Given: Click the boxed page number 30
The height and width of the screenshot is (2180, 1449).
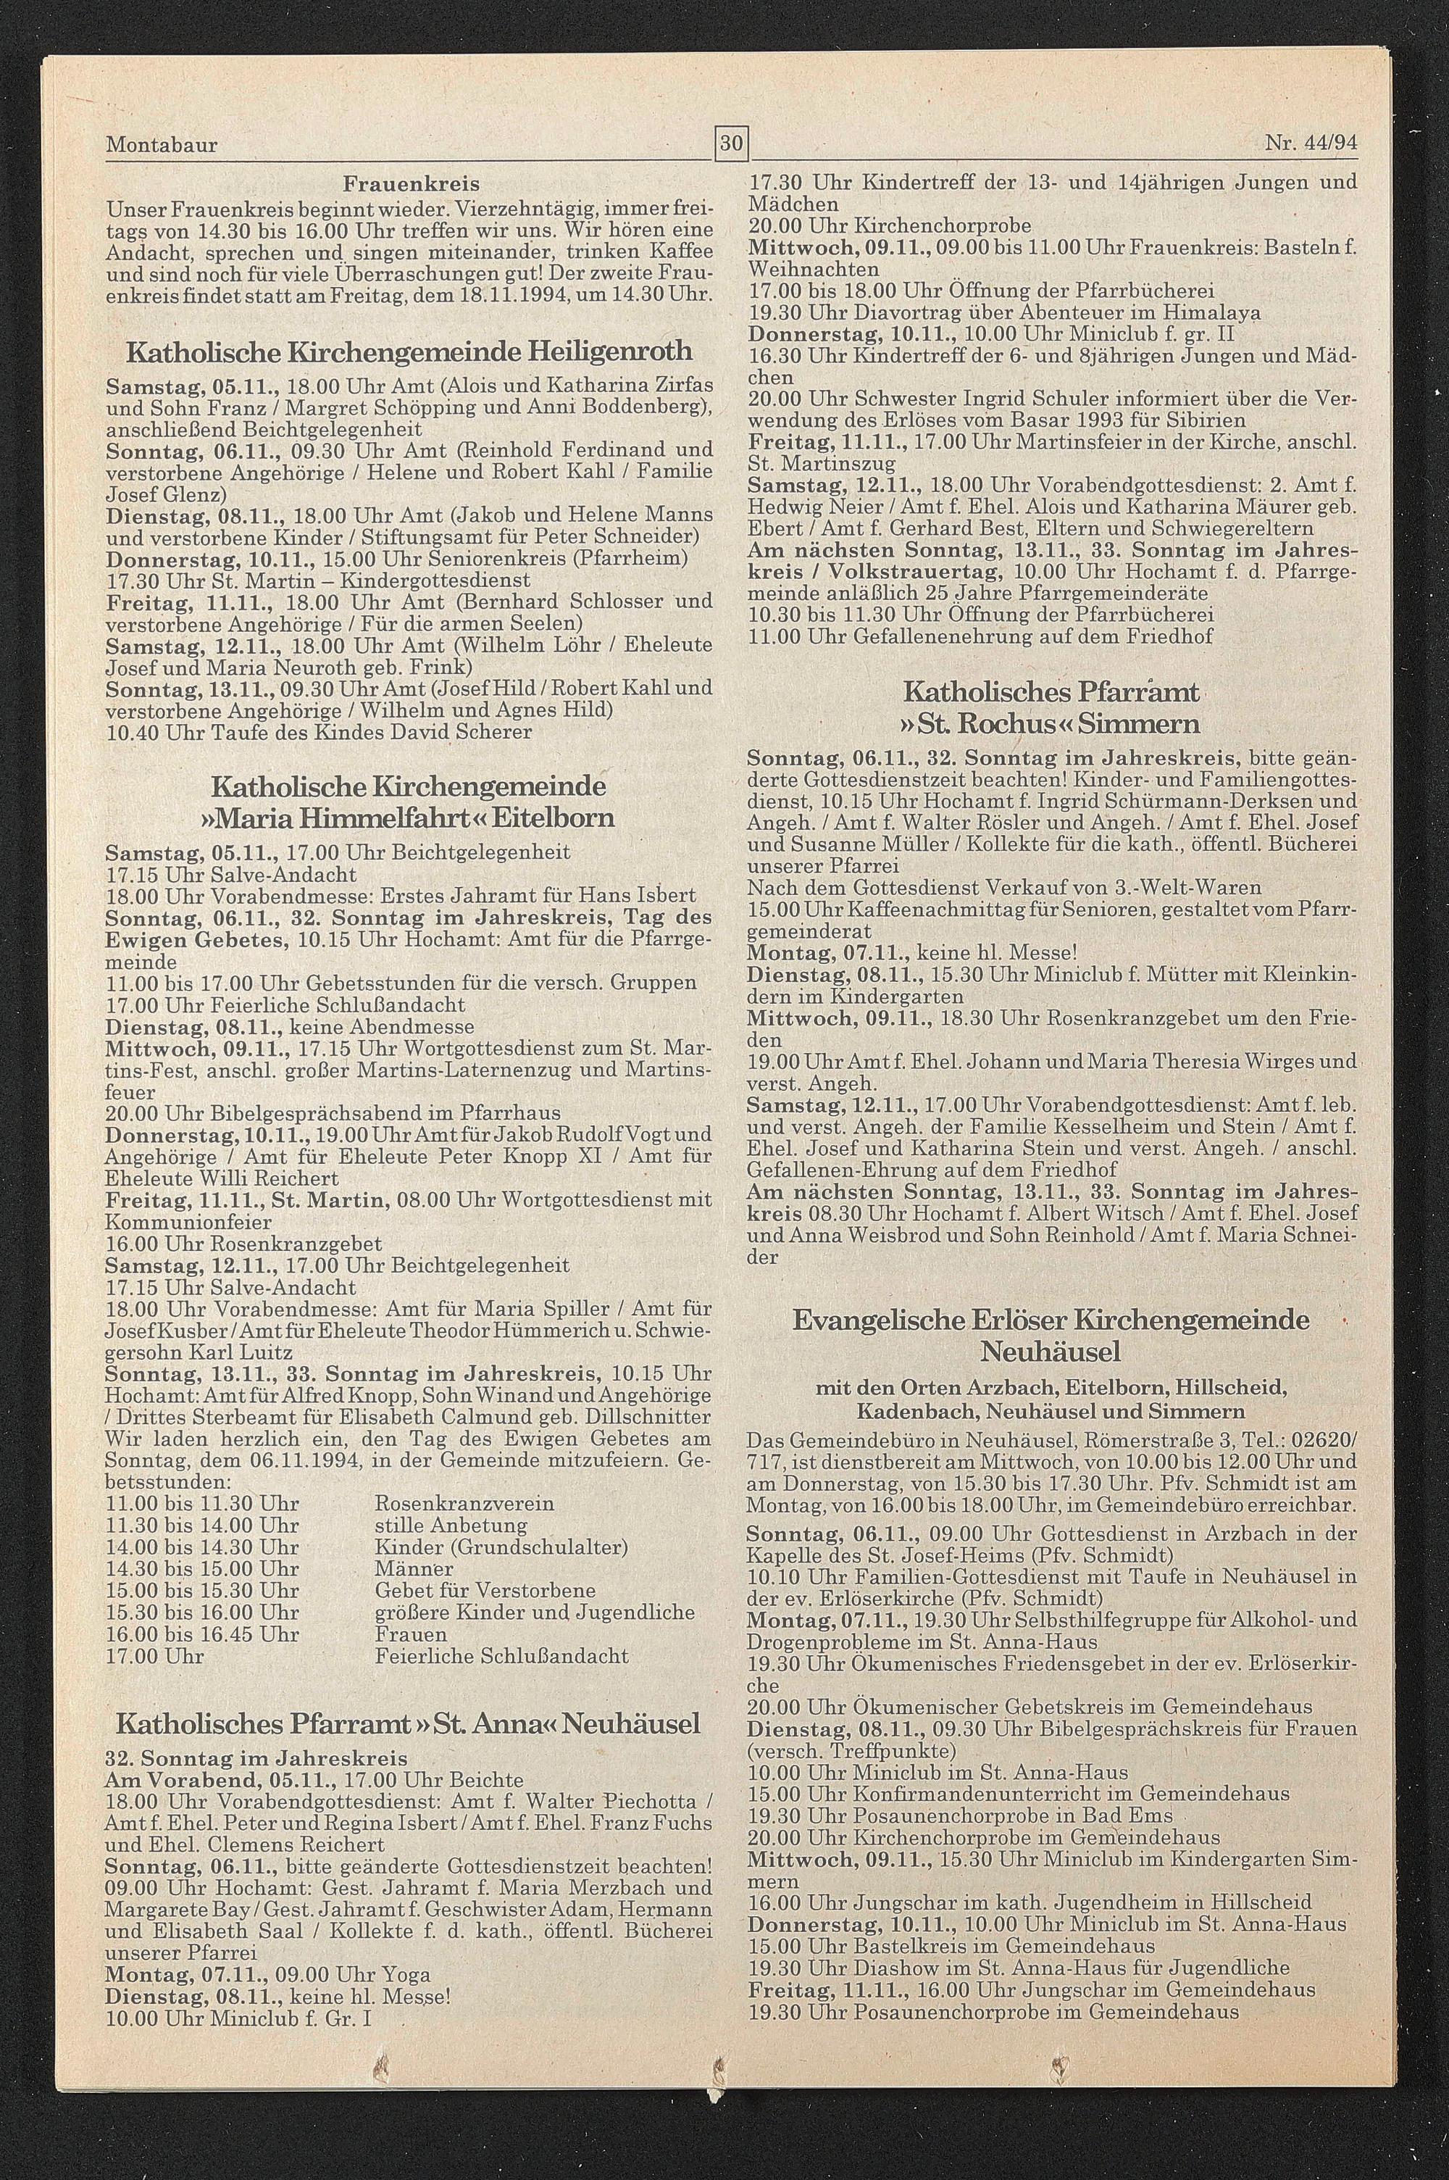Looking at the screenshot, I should (x=731, y=143).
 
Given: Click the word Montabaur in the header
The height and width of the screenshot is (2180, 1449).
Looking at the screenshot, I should (x=162, y=145).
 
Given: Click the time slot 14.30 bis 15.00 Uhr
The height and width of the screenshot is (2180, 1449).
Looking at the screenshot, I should (x=202, y=1568).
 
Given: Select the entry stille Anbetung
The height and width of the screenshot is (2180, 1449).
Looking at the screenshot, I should (x=451, y=1525).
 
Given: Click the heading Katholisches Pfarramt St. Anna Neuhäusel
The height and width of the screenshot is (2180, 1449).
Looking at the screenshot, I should (x=407, y=1723).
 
